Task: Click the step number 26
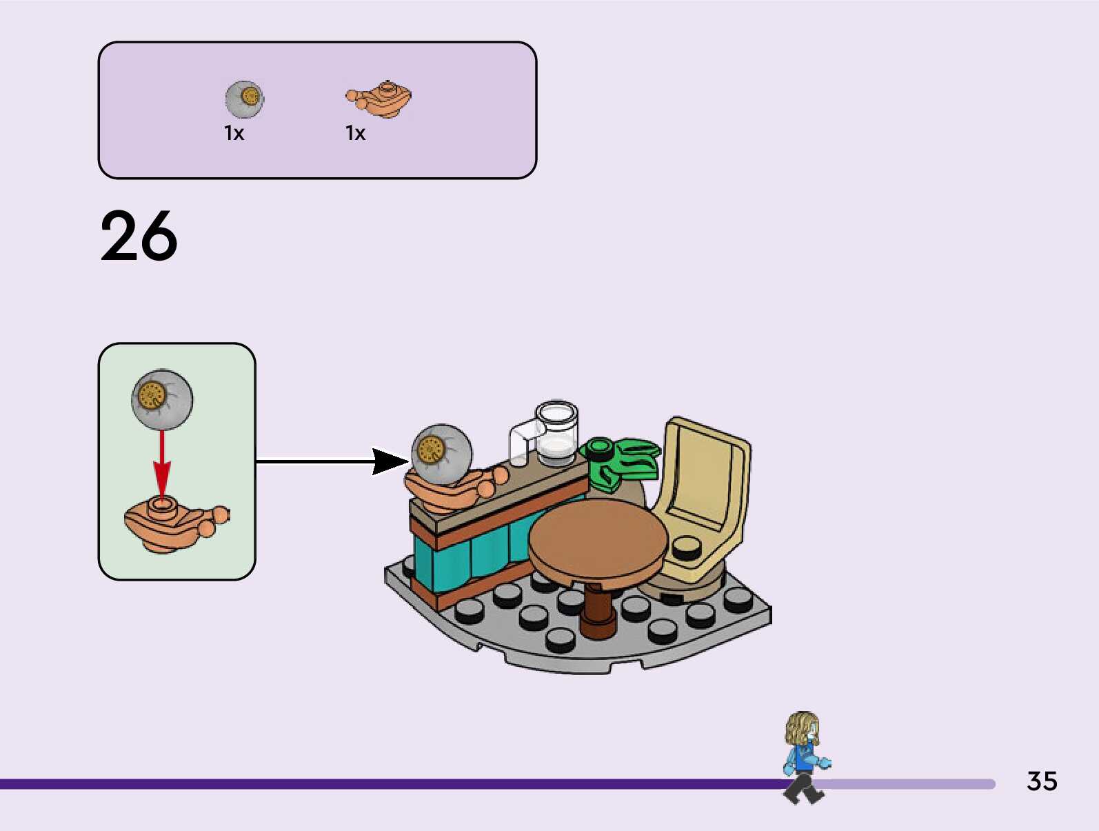[139, 237]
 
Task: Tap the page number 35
[1042, 781]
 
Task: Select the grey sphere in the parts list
[244, 99]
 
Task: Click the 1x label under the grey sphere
[234, 133]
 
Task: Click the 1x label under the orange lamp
[356, 133]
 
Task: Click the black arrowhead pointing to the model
[390, 461]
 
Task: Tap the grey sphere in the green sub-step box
[162, 399]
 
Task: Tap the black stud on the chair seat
[687, 548]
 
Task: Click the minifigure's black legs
[803, 789]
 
